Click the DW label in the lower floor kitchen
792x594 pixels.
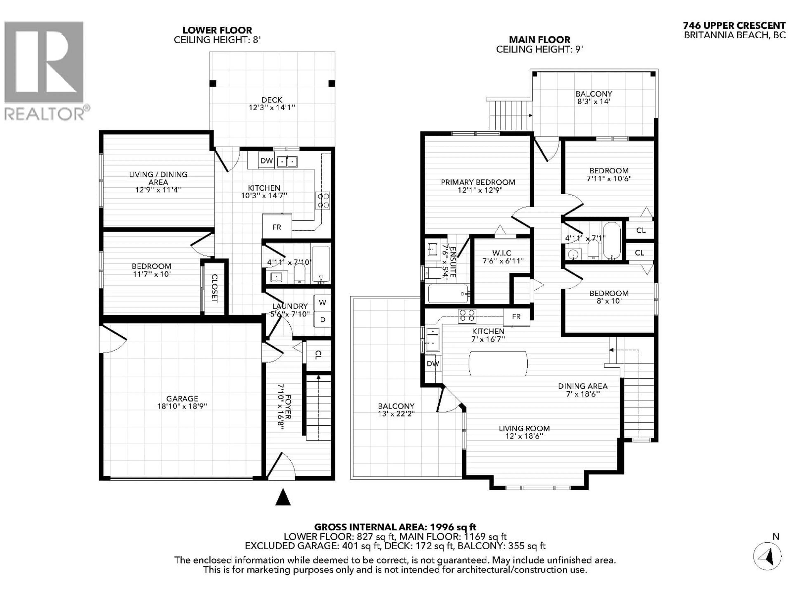point(266,161)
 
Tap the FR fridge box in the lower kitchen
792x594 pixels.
point(277,227)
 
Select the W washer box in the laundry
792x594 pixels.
point(322,303)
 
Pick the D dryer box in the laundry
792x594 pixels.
point(322,319)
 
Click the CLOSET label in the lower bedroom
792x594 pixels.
point(214,288)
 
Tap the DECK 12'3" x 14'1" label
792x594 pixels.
point(272,104)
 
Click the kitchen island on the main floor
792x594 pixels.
point(498,363)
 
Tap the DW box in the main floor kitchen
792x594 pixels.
point(433,363)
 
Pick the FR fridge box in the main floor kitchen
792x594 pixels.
point(516,317)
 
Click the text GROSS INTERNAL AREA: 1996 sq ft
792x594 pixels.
point(395,527)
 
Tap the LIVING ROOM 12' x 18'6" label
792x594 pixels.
point(524,432)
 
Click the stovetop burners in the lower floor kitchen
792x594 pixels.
point(323,200)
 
